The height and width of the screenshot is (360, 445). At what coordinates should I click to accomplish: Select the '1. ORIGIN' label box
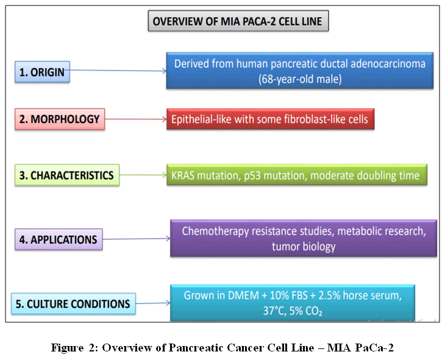pyautogui.click(x=41, y=73)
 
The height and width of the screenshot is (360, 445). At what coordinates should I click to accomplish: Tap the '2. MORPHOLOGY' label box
pyautogui.click(x=59, y=119)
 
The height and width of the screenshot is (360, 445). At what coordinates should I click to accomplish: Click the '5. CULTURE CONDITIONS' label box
pyautogui.click(x=73, y=303)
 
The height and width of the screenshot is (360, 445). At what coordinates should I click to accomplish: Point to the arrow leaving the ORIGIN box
pyautogui.click(x=116, y=71)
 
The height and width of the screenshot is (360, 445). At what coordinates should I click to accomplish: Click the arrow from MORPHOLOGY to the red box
pyautogui.click(x=135, y=119)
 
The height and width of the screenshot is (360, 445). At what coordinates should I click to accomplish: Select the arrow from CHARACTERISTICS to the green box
pyautogui.click(x=143, y=175)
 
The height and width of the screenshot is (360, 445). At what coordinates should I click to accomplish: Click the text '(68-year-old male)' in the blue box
pyautogui.click(x=299, y=79)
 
